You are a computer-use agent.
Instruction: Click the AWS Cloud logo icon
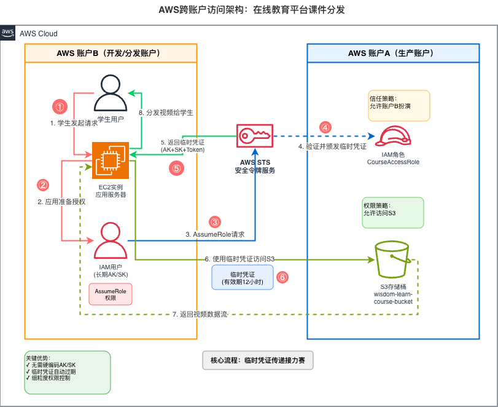pyautogui.click(x=8, y=33)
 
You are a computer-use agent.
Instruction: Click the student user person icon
pyautogui.click(x=110, y=93)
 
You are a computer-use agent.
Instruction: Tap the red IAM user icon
pyautogui.click(x=110, y=240)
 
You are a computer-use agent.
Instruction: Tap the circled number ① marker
pyautogui.click(x=60, y=106)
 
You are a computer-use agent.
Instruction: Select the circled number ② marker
pyautogui.click(x=43, y=184)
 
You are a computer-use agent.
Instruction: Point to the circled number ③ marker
pyautogui.click(x=214, y=222)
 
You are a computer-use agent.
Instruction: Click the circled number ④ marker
pyautogui.click(x=325, y=127)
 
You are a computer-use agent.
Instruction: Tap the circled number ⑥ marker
pyautogui.click(x=282, y=277)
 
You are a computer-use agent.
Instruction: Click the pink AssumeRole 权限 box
pyautogui.click(x=111, y=294)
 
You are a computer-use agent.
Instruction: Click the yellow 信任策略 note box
pyautogui.click(x=399, y=106)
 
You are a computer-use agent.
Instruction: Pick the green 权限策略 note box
pyautogui.click(x=393, y=212)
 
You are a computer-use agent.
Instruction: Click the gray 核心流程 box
pyautogui.click(x=258, y=360)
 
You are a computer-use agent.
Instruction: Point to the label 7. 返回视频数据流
pyautogui.click(x=200, y=314)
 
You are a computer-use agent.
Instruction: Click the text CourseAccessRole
pyautogui.click(x=393, y=162)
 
